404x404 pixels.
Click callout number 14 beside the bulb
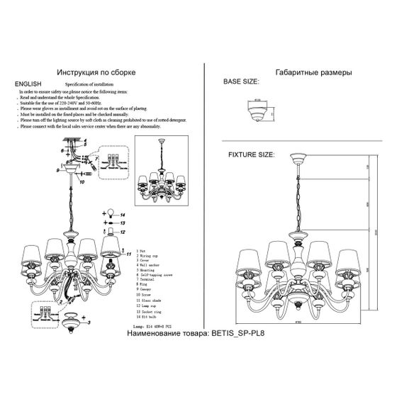click(x=121, y=213)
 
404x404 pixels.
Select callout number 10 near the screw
click(x=82, y=181)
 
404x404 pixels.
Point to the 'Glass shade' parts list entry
click(x=152, y=301)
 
